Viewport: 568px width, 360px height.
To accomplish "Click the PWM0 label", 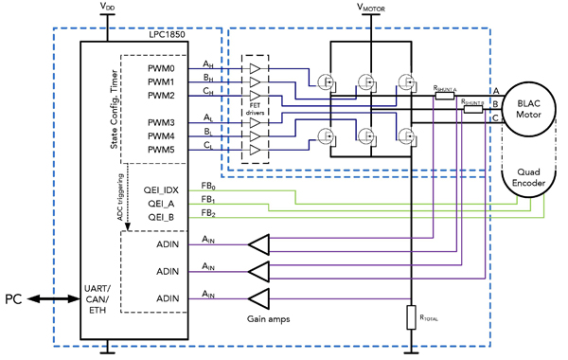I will coord(161,69).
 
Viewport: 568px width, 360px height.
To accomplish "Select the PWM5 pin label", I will coord(161,150).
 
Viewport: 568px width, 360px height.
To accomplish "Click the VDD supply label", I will coord(110,8).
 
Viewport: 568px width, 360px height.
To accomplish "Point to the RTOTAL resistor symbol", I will coord(410,315).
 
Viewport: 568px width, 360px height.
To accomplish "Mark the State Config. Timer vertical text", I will coord(115,109).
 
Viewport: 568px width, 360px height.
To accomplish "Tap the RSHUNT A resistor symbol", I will coord(442,94).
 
